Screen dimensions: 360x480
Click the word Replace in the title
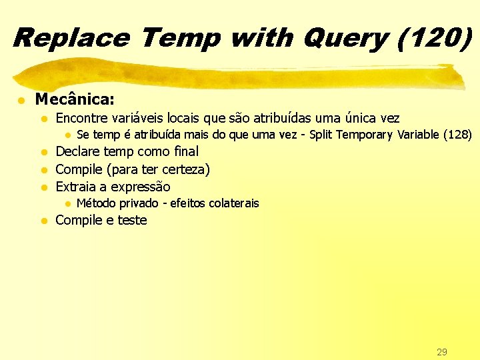tap(71, 37)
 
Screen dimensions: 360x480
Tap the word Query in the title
tap(344, 37)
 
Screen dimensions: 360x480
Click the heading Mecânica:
tap(75, 100)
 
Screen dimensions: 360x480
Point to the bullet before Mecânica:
tap(22, 101)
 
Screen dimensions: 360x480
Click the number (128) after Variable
tap(458, 135)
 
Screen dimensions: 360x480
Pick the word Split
tap(322, 135)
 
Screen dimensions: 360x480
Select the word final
tap(186, 152)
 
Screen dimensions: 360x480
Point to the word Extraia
tap(75, 187)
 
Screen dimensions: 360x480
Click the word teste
tap(132, 221)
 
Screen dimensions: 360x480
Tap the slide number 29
tap(441, 351)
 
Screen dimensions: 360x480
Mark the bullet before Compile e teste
tap(44, 221)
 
